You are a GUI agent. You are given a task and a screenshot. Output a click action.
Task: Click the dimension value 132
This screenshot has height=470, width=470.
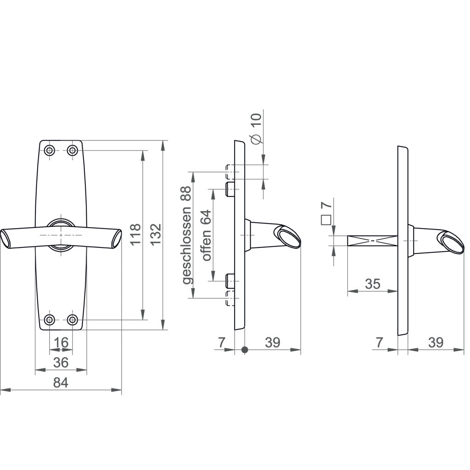(x=156, y=234)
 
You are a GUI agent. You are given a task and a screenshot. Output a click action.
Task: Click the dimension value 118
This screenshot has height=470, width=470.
(x=135, y=234)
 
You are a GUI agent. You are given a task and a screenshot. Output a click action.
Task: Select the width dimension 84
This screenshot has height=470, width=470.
(x=61, y=382)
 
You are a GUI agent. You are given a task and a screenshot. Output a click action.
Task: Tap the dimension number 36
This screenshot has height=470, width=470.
(x=61, y=362)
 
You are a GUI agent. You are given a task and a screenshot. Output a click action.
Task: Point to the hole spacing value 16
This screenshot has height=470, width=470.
(x=61, y=342)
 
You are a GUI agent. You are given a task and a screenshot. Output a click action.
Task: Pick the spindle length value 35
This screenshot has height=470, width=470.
(x=372, y=284)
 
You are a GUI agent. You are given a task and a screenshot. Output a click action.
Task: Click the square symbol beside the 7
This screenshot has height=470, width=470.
(x=326, y=219)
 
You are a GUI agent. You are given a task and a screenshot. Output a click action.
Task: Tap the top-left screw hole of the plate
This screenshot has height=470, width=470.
(x=50, y=150)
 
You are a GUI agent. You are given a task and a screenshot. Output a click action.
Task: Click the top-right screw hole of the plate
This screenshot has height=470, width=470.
(x=72, y=150)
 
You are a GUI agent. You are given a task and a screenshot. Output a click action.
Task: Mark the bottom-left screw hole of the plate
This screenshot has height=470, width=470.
(x=50, y=319)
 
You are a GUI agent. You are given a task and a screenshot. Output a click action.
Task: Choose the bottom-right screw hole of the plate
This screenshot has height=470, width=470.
(x=72, y=319)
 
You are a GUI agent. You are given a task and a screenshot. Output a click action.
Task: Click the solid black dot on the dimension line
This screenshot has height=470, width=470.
(x=244, y=350)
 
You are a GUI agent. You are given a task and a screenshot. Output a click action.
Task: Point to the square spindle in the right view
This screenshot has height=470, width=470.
(x=372, y=240)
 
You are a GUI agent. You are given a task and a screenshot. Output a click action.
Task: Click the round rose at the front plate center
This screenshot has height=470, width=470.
(x=61, y=234)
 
